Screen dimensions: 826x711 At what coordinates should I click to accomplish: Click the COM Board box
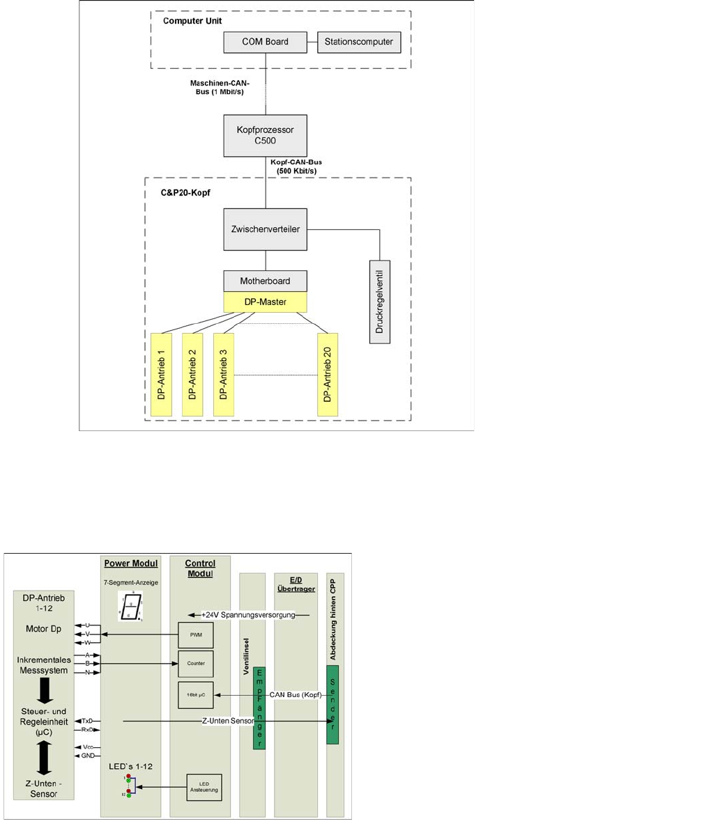coord(265,42)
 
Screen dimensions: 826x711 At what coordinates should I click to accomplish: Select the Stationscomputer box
coord(359,42)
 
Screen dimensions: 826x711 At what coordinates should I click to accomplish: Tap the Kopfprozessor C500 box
coord(265,136)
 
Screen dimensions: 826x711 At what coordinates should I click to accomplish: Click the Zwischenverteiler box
coord(265,228)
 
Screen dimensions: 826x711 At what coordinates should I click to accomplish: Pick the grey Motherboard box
coord(265,281)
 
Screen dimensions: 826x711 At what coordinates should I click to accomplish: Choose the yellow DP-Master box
coord(265,302)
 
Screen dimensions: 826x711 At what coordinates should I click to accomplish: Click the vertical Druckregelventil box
coord(380,302)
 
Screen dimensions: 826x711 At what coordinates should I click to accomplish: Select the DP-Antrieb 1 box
coord(161,375)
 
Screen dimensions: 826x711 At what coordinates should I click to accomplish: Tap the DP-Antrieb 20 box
coord(327,375)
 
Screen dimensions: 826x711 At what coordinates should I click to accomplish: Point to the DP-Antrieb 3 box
coord(223,375)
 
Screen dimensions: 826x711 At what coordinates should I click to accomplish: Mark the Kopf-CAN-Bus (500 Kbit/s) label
coord(296,166)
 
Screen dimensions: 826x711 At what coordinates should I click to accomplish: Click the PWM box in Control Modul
coord(196,636)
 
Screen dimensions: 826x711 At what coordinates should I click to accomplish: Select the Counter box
coord(196,664)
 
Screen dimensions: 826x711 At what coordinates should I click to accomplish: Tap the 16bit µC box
coord(196,695)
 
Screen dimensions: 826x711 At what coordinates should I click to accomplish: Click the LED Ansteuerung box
coord(204,787)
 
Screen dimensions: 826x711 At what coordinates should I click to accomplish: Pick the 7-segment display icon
coord(130,606)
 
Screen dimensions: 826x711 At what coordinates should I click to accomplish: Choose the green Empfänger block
coord(259,708)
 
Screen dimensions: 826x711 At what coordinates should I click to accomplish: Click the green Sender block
coord(332,704)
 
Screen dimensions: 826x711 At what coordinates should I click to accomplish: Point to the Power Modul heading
coord(131,563)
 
